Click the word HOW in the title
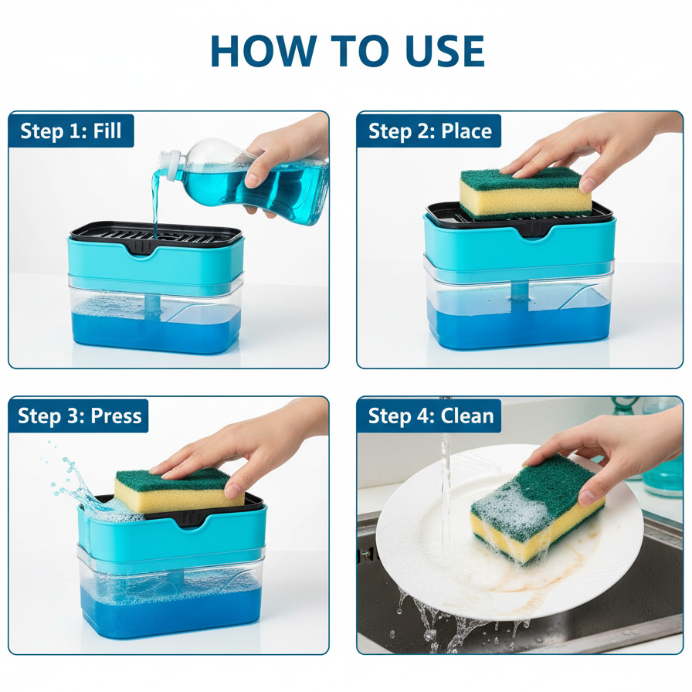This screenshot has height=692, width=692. [x=263, y=51]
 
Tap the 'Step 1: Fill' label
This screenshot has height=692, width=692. [x=70, y=131]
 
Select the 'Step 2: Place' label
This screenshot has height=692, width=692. [x=430, y=131]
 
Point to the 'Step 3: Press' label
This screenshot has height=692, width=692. [x=80, y=416]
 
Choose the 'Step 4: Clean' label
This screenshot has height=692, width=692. [x=431, y=416]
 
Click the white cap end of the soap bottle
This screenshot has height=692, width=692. [x=171, y=165]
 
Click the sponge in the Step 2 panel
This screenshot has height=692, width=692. [x=525, y=192]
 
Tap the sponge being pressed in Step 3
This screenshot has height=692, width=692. [x=178, y=490]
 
